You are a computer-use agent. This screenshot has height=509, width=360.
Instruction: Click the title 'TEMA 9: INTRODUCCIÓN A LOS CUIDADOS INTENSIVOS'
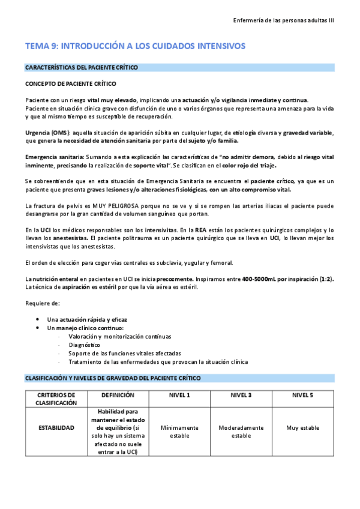135,46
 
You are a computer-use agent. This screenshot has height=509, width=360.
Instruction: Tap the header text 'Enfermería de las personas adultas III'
284,20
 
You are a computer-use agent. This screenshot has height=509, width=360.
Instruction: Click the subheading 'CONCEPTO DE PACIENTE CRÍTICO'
70,84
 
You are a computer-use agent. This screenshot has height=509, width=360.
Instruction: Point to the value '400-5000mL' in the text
259,279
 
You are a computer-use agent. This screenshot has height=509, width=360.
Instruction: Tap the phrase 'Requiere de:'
42,303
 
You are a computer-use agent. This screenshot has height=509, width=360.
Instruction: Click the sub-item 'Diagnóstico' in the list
84,345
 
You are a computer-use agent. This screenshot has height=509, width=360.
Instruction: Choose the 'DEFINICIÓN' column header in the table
118,396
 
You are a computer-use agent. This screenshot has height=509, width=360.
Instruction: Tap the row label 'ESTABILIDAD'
56,428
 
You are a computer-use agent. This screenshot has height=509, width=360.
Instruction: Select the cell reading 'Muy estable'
302,428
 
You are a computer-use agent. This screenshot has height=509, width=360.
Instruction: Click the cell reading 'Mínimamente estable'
179,432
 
